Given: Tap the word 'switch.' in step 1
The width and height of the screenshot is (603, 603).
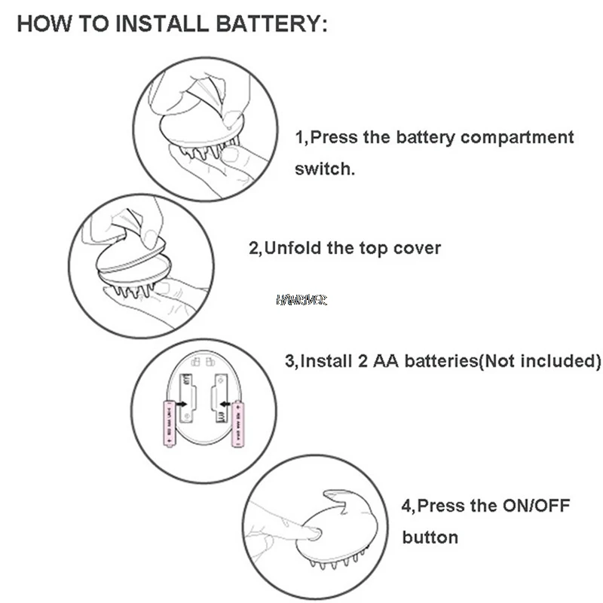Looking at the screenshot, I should [x=324, y=169].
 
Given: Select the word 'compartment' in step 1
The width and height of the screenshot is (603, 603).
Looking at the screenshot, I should [x=517, y=137].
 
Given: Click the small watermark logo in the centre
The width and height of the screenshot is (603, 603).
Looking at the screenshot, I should [x=301, y=300].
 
